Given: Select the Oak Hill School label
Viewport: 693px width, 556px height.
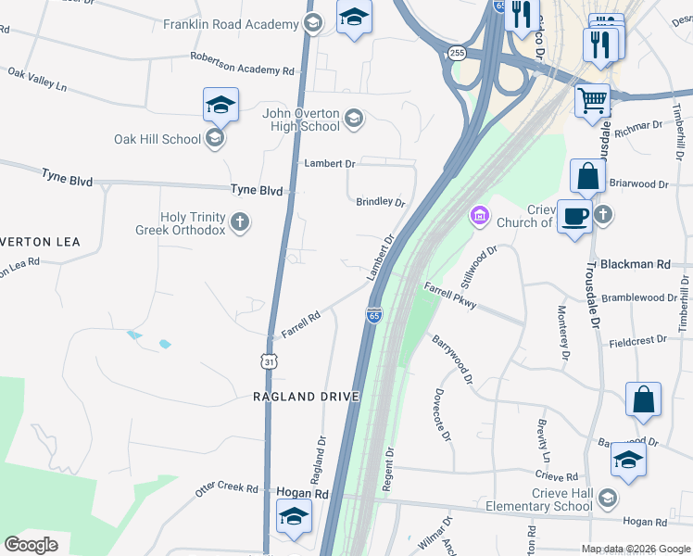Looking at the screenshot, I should point(157,139).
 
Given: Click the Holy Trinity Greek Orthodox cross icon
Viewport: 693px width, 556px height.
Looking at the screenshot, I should point(240,221).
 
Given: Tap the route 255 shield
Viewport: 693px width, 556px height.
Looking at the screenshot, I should point(455,54).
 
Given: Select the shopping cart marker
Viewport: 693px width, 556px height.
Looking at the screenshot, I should point(592,98).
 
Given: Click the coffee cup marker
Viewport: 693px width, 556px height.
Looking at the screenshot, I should point(575,216).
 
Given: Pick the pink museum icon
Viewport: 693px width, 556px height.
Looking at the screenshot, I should point(479,217).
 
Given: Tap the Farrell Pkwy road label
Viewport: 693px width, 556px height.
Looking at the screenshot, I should point(450,296).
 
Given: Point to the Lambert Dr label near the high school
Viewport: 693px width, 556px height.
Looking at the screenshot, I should point(330,163).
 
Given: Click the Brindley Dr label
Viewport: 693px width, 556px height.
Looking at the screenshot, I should point(381,202).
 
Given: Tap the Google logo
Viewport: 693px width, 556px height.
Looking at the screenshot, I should point(31,544).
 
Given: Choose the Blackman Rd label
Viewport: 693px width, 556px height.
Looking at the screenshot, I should point(635,264).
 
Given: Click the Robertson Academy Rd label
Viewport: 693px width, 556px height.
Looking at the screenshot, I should point(247,64).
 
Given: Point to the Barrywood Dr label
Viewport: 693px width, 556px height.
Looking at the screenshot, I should point(453,360).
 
